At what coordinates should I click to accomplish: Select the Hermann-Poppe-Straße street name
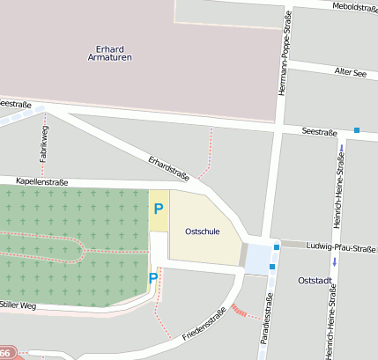click(x=285, y=55)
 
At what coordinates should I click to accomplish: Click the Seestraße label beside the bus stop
click(x=319, y=131)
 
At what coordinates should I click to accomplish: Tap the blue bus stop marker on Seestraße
click(x=357, y=131)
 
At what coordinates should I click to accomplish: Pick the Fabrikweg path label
click(x=44, y=143)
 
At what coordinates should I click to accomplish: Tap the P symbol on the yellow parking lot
click(x=159, y=209)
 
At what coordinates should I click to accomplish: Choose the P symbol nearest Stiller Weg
click(x=152, y=279)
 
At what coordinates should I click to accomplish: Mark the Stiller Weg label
click(x=18, y=306)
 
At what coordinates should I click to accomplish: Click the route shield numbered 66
click(x=5, y=353)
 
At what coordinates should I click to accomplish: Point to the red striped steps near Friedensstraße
click(x=240, y=310)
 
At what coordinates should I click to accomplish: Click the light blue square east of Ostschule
click(x=258, y=259)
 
